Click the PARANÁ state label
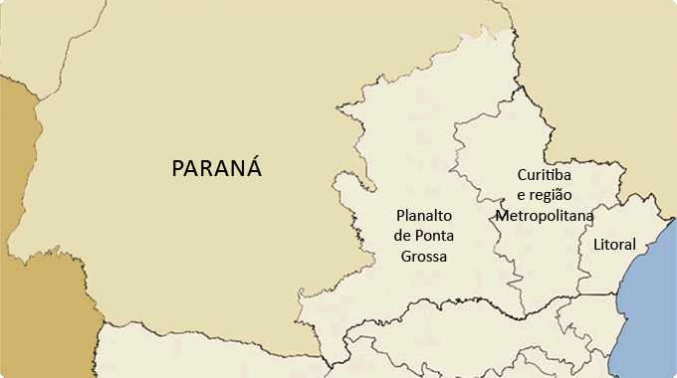click(x=217, y=167)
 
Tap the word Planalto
click(x=425, y=215)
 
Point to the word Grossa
click(x=424, y=257)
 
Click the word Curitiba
click(x=544, y=174)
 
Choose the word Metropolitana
click(x=544, y=215)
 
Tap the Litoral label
click(x=613, y=244)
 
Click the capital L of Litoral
click(x=595, y=244)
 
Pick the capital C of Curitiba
click(x=522, y=174)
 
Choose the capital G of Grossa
click(x=406, y=257)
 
